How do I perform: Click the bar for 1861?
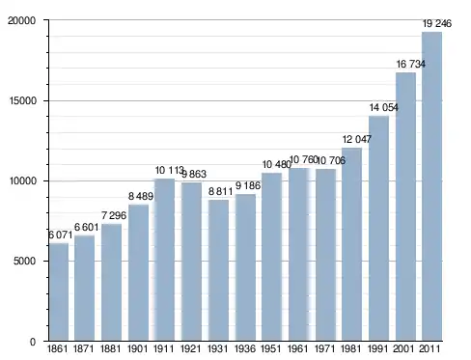point(59,291)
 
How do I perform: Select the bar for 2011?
point(431,186)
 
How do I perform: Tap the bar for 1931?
point(218,270)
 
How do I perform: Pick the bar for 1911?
point(164,260)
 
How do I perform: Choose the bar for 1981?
point(351,244)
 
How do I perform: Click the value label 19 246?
point(437,23)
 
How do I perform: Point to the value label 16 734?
point(410,64)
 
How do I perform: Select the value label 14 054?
point(384,107)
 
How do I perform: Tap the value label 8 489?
point(141,196)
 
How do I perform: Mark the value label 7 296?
point(114,215)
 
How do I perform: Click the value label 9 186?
point(248,185)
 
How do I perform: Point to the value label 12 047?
point(357,139)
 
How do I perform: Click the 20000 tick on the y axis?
point(22,20)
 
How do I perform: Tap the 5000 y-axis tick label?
point(24,261)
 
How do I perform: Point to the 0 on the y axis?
point(33,342)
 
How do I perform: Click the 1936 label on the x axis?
point(245,348)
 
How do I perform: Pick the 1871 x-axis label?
point(84,348)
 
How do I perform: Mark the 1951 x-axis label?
point(271,348)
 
